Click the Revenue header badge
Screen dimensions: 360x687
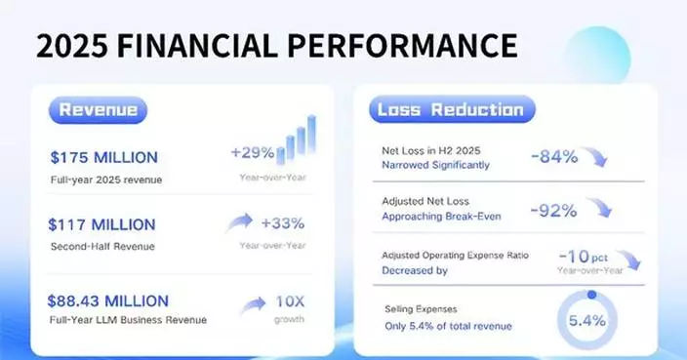coord(98,109)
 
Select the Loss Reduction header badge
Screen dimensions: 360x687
coord(450,109)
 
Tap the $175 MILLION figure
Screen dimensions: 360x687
coord(102,157)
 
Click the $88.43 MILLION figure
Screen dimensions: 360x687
coord(108,300)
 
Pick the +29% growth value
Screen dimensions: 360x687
coord(251,153)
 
